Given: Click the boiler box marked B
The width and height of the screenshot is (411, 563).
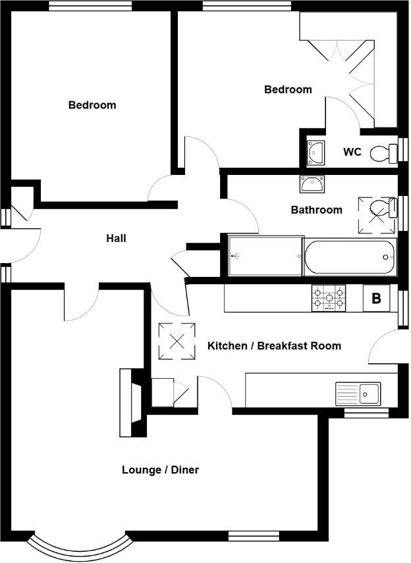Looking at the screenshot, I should pyautogui.click(x=376, y=298).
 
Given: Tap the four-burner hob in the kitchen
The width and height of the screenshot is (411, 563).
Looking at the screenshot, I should pyautogui.click(x=327, y=299).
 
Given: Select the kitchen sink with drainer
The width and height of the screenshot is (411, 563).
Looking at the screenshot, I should pyautogui.click(x=358, y=394).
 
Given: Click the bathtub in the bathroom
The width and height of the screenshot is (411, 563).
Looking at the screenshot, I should pyautogui.click(x=350, y=257).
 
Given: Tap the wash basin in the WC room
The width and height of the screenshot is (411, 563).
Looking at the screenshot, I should pyautogui.click(x=315, y=153).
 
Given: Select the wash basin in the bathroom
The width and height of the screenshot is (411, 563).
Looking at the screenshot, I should pyautogui.click(x=312, y=184).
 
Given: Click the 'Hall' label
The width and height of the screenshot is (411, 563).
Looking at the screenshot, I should pyautogui.click(x=116, y=238).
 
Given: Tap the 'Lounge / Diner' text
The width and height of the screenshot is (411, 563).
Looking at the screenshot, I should pyautogui.click(x=160, y=470).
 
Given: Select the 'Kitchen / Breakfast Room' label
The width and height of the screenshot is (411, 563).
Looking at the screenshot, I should pyautogui.click(x=274, y=345).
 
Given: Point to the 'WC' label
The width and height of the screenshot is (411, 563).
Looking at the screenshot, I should pyautogui.click(x=352, y=152).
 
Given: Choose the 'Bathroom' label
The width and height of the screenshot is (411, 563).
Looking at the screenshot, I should pyautogui.click(x=317, y=210).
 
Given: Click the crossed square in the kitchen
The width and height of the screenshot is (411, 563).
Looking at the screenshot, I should pyautogui.click(x=177, y=341).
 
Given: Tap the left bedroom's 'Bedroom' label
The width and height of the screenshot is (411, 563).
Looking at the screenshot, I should pyautogui.click(x=92, y=105).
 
